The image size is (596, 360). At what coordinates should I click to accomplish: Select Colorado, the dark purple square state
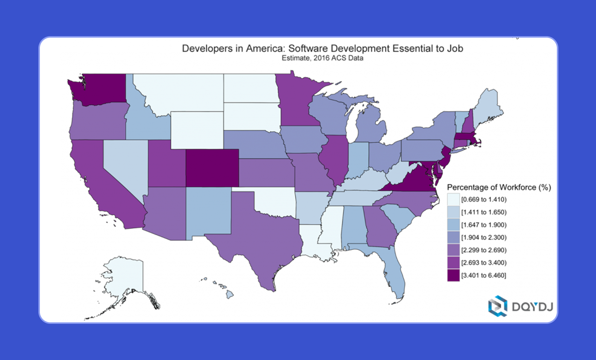click(x=212, y=168)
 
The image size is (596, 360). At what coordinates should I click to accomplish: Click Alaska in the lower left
click(x=124, y=275)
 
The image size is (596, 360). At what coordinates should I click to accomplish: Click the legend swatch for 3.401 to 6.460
click(x=453, y=275)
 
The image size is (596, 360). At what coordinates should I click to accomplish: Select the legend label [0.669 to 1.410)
click(x=484, y=200)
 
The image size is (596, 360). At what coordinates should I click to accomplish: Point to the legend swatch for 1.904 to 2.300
click(x=453, y=237)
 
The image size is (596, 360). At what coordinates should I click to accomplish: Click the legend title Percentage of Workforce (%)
click(x=499, y=187)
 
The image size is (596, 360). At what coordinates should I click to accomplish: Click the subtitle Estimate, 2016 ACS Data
click(x=322, y=58)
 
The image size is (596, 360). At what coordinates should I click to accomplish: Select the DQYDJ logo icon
click(x=498, y=306)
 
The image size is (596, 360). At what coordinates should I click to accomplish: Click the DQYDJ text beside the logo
click(x=532, y=307)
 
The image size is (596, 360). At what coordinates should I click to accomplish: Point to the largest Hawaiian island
click(x=230, y=295)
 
